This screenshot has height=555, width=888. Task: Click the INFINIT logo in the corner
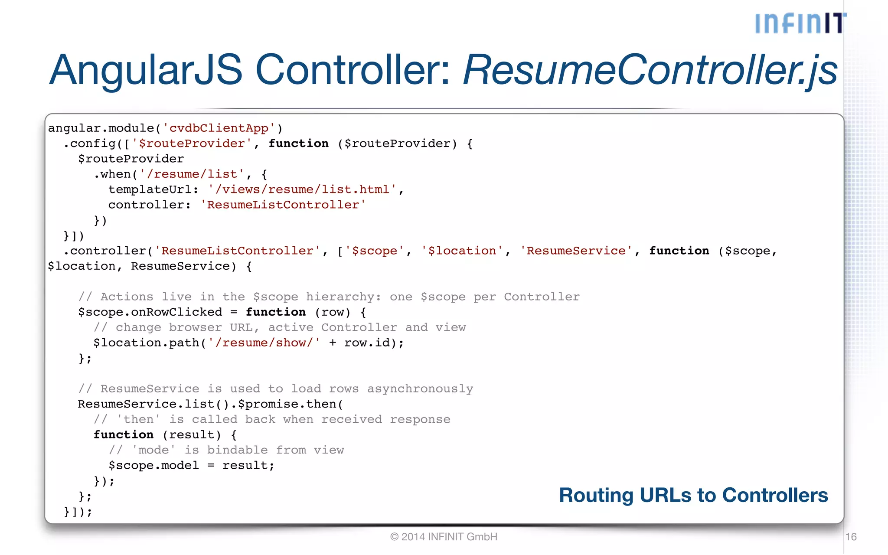[800, 23]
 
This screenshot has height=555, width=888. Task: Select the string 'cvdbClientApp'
[219, 128]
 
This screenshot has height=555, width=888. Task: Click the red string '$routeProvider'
[192, 144]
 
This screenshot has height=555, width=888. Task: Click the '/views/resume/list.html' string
[302, 189]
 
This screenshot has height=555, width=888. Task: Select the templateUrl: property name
[153, 189]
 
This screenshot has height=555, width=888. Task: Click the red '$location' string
[462, 251]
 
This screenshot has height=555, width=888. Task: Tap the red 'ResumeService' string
[576, 251]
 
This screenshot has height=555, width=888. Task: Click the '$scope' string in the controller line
[375, 251]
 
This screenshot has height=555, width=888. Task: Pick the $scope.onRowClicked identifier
[150, 312]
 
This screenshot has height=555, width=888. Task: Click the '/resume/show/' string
[264, 343]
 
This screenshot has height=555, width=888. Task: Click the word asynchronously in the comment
[420, 389]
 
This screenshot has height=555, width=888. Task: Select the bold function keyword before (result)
[124, 435]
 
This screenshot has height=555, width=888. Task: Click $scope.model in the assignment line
[153, 466]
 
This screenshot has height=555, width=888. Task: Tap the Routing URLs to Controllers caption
[693, 495]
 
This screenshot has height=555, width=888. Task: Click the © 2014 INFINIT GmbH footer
[444, 537]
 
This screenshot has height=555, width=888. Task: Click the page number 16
[851, 537]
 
